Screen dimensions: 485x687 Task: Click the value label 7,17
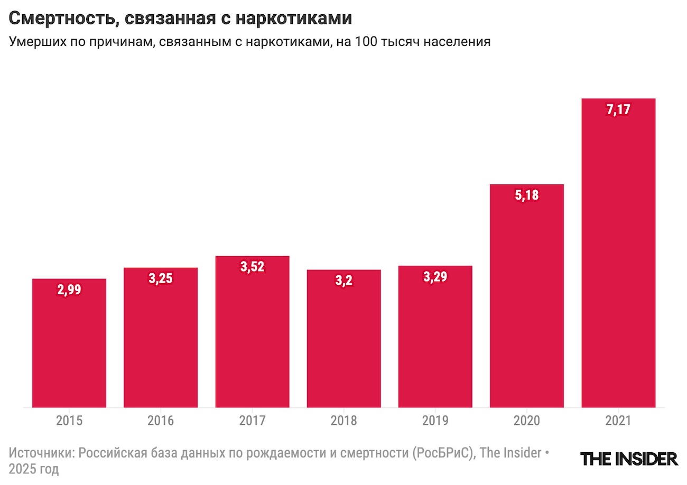pyautogui.click(x=618, y=110)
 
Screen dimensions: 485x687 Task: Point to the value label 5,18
pyautogui.click(x=527, y=195)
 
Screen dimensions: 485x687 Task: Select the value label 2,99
pyautogui.click(x=69, y=290)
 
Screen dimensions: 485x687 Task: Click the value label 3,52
pyautogui.click(x=252, y=267)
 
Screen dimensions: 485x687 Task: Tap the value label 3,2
pyautogui.click(x=343, y=281)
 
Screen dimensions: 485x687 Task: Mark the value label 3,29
pyautogui.click(x=435, y=277)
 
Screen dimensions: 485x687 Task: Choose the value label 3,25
pyautogui.click(x=161, y=279)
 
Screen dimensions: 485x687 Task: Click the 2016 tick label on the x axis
pyautogui.click(x=161, y=421)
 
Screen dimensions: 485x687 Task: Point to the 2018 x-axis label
pyautogui.click(x=343, y=421)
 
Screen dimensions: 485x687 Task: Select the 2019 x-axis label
pyautogui.click(x=435, y=421)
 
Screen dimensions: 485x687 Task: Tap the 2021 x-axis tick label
pyautogui.click(x=618, y=421)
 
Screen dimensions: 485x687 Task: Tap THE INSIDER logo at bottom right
pyautogui.click(x=629, y=459)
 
